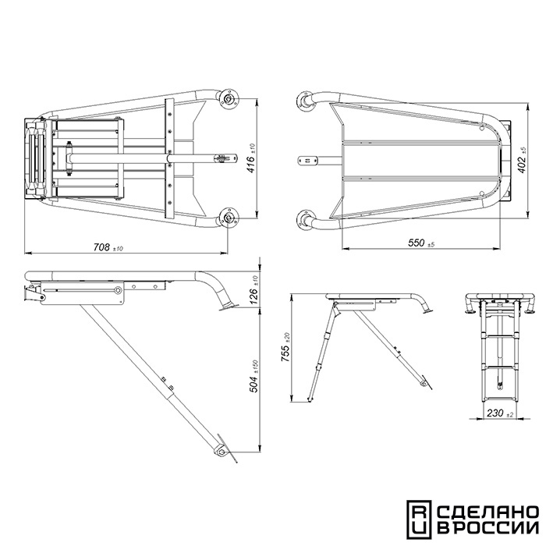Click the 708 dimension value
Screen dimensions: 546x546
(101, 247)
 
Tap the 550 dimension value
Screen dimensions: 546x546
(417, 243)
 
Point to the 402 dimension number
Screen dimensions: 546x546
(521, 165)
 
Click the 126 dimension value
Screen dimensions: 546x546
(253, 296)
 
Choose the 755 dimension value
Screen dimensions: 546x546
(285, 353)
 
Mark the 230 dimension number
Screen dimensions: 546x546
(495, 413)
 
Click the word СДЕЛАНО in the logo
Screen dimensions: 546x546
(487, 512)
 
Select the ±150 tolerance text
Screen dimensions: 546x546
(255, 367)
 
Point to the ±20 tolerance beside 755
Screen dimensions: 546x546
(287, 337)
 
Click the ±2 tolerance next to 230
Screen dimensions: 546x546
(509, 415)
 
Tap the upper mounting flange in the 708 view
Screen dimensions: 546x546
(228, 98)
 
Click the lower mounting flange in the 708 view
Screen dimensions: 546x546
(228, 218)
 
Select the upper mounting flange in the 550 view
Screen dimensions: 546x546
(305, 101)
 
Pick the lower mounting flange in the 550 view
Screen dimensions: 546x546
(305, 220)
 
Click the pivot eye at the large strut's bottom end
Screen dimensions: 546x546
(221, 452)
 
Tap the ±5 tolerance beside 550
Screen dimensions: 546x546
(431, 244)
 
